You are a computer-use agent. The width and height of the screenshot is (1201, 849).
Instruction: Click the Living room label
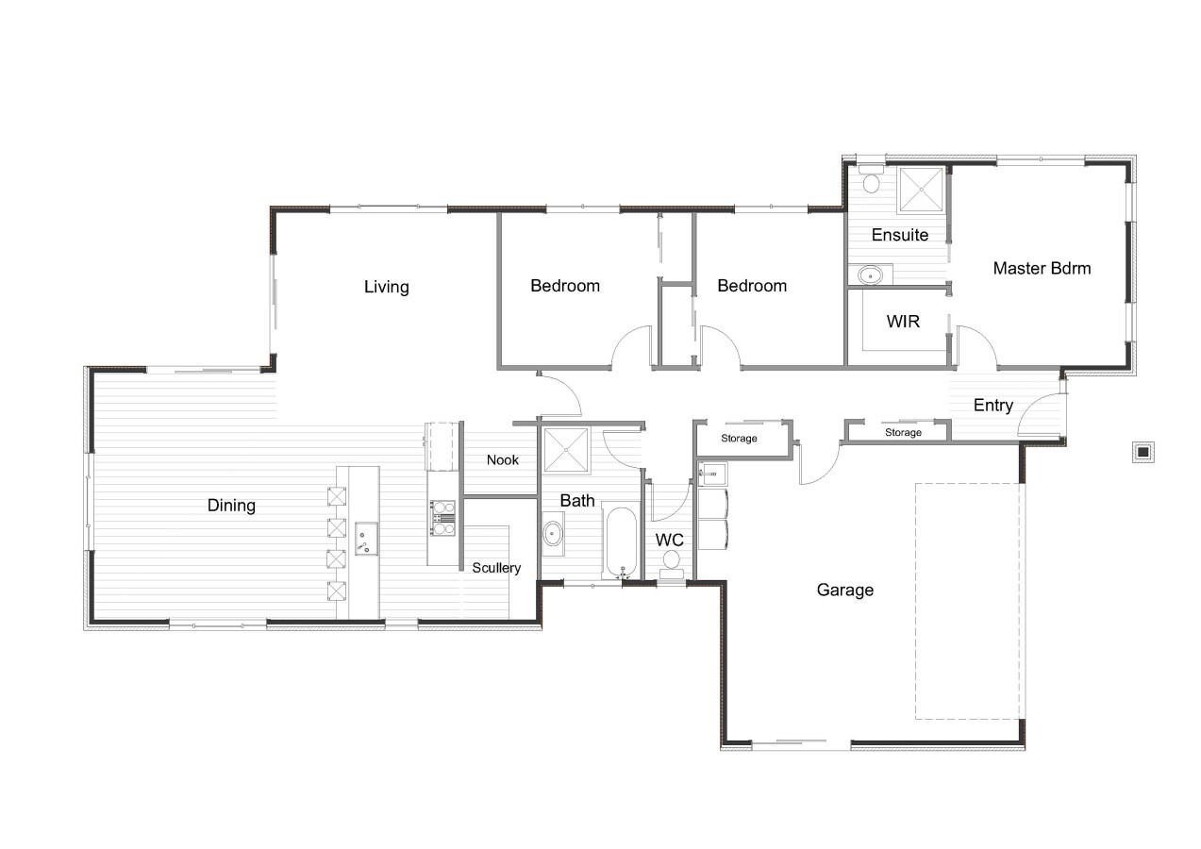pos(386,287)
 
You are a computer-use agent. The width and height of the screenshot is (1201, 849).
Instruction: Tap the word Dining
pos(231,506)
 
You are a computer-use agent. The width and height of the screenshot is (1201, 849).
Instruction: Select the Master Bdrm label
pos(1042,268)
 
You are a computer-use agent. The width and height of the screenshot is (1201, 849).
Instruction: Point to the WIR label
pos(903,322)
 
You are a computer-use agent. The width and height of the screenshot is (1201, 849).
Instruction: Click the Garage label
pos(844,591)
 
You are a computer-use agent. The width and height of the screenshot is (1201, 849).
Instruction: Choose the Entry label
pos(992,406)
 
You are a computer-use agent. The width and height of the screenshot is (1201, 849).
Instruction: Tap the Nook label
pos(503,460)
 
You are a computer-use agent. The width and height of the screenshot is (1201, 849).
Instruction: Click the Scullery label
pos(496,568)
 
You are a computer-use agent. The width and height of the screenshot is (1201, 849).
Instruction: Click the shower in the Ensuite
pos(920,191)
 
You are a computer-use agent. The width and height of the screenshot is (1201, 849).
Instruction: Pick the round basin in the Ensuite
pos(871,275)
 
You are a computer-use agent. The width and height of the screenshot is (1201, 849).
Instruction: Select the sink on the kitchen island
pos(365,538)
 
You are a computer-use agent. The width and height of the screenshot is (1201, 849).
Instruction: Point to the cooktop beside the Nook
pos(440,513)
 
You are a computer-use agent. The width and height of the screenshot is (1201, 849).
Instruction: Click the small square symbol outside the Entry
pos(1143,452)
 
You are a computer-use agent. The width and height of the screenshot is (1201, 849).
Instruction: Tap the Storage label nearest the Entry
pos(903,433)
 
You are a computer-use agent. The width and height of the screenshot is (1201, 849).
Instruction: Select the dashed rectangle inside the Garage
pos(968,601)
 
